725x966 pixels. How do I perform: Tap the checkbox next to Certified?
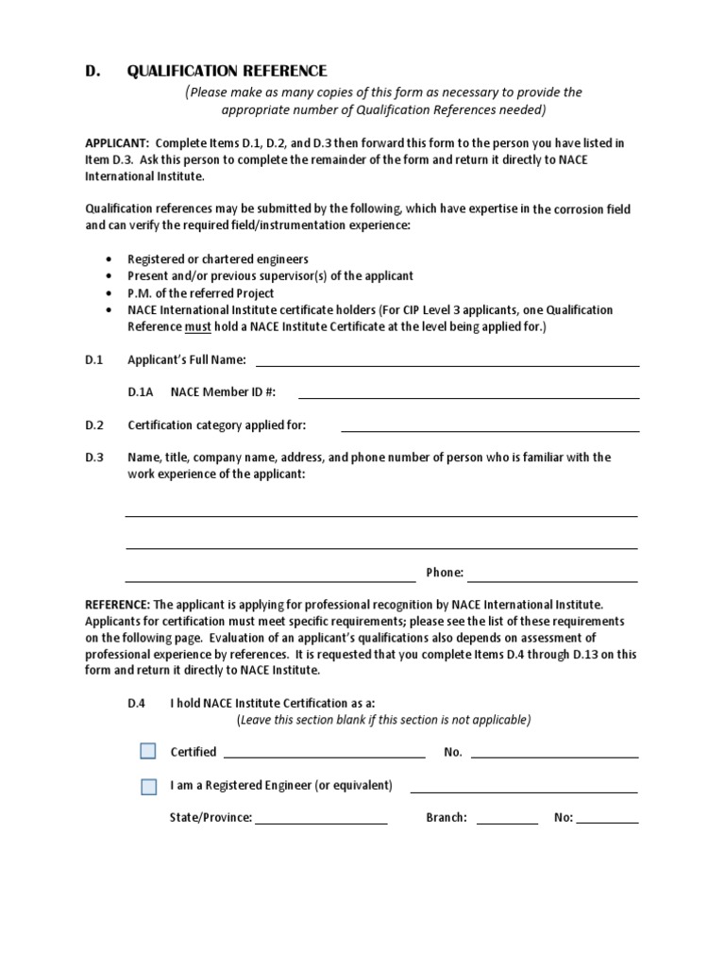[148, 751]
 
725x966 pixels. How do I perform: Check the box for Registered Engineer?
[148, 786]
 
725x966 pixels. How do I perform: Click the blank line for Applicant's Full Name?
[447, 363]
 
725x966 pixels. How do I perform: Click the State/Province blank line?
[321, 822]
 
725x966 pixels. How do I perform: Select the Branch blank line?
[507, 822]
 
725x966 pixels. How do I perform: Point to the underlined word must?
[196, 326]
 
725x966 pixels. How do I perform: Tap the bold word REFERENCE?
[117, 603]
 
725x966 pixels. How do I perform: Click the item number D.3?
[93, 458]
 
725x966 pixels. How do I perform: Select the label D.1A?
[141, 391]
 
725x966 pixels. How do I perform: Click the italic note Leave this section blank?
[382, 720]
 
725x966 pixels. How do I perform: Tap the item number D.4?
[137, 703]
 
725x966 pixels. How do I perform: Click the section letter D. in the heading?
[93, 71]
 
